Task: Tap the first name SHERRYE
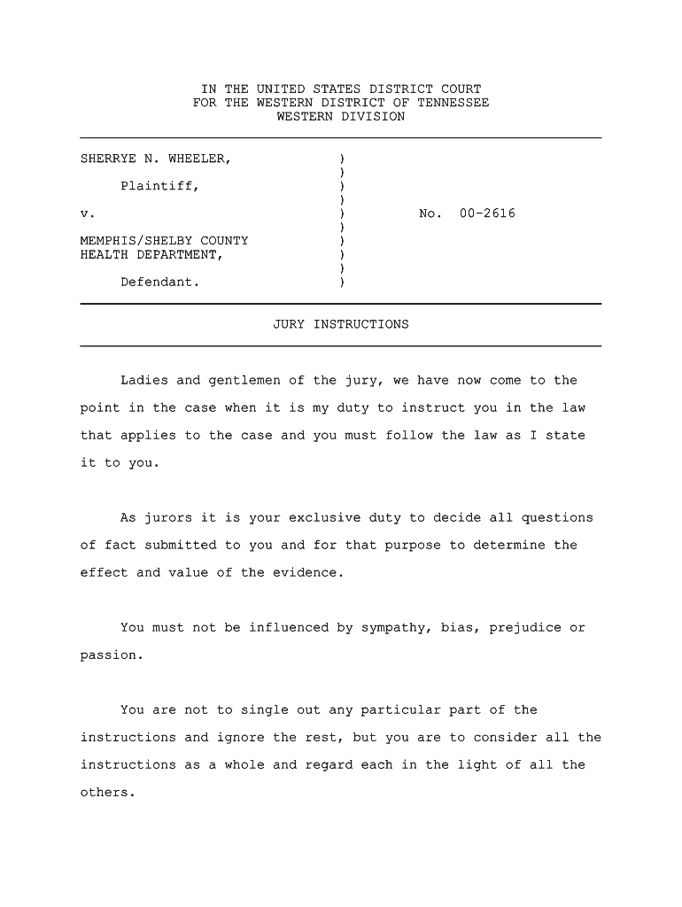click(x=108, y=159)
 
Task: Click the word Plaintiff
click(x=159, y=187)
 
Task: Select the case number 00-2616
click(x=487, y=214)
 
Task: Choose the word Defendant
click(x=159, y=283)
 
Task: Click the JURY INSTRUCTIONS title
click(x=341, y=324)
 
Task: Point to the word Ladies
click(x=143, y=381)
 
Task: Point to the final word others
click(x=106, y=793)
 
